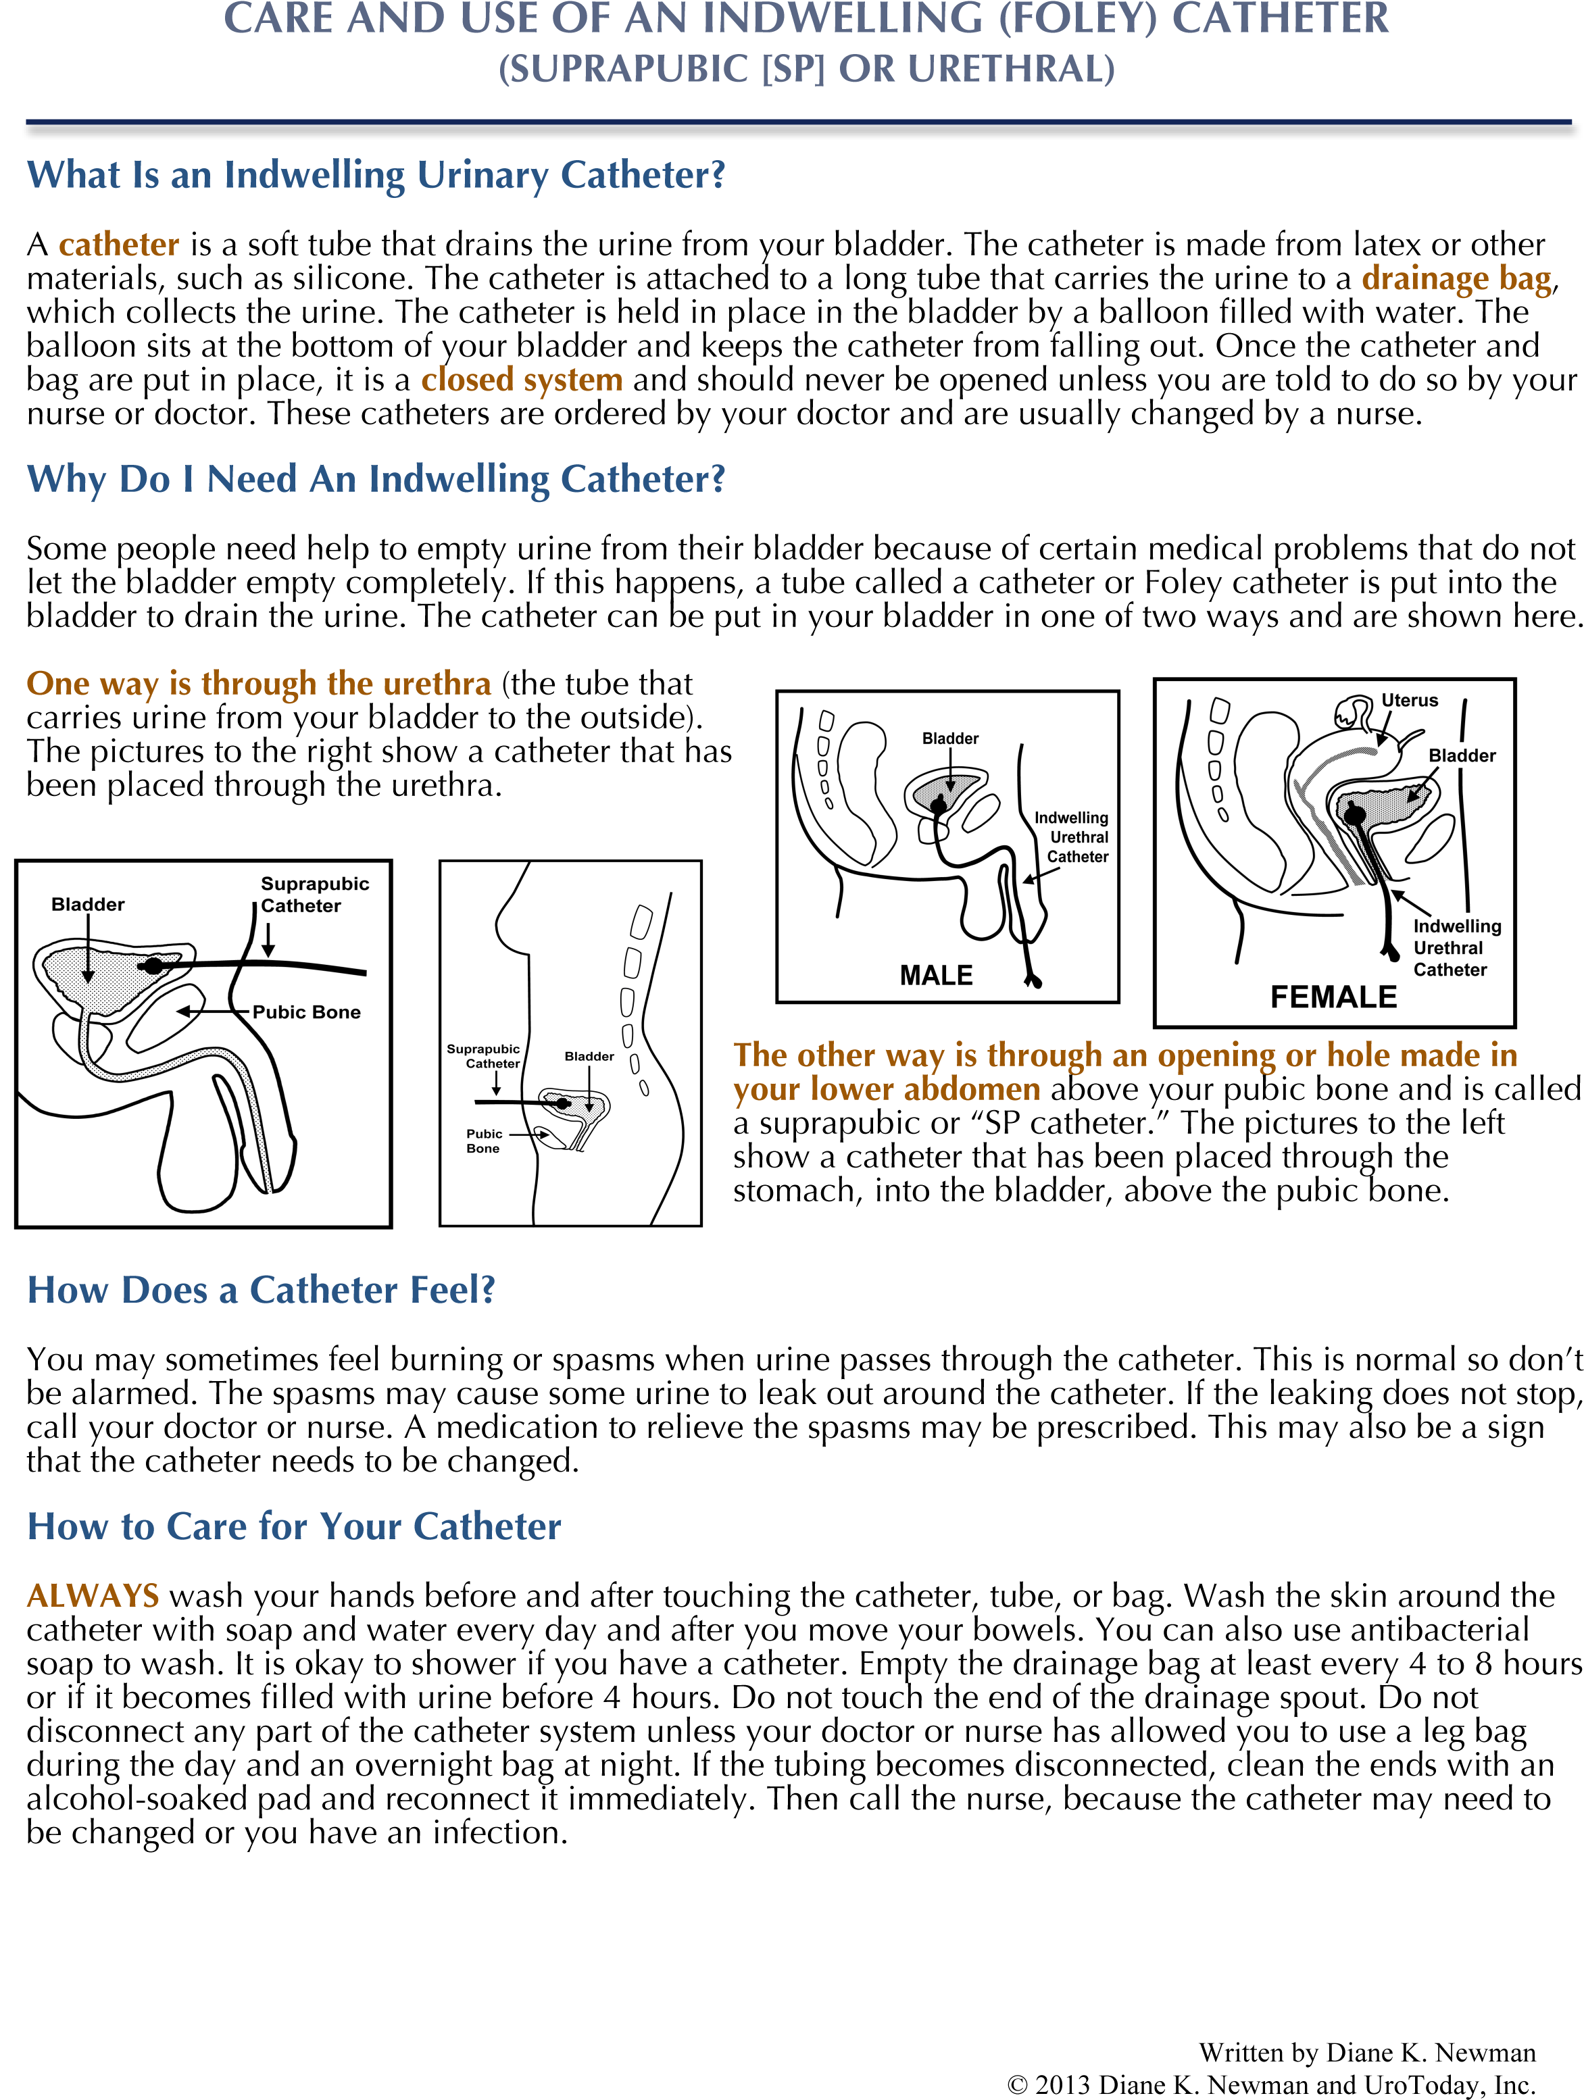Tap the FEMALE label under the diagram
click(1333, 997)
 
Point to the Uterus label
click(1409, 700)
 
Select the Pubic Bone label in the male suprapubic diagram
click(305, 1012)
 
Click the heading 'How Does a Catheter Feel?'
click(261, 1290)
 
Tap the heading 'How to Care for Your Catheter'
click(293, 1526)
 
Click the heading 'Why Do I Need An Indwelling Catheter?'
click(376, 480)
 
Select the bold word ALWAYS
click(93, 1596)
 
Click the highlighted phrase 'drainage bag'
click(1456, 278)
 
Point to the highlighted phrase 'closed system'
click(521, 380)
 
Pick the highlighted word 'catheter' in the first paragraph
click(119, 245)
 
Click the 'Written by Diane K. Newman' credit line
click(1366, 2053)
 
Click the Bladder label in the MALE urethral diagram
click(949, 738)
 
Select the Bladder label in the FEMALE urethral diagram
click(1462, 755)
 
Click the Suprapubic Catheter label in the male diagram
click(314, 895)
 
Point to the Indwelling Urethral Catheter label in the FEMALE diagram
click(1457, 947)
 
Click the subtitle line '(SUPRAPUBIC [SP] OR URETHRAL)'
click(806, 68)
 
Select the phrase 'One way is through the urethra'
click(258, 684)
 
